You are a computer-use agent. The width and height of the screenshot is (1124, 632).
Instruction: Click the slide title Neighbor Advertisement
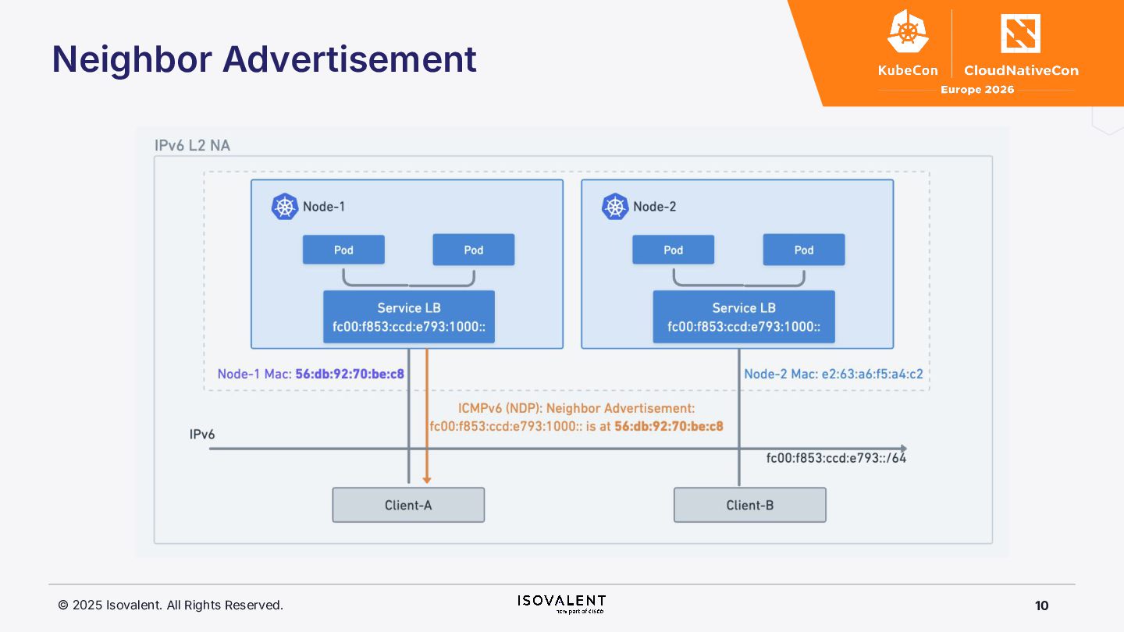(x=264, y=59)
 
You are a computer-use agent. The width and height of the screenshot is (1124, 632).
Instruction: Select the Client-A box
(x=408, y=505)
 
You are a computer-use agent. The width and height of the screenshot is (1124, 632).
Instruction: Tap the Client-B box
(x=749, y=505)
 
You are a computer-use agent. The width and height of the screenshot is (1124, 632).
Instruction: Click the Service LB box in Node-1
(x=408, y=317)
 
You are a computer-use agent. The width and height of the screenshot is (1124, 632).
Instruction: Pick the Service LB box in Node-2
(x=744, y=317)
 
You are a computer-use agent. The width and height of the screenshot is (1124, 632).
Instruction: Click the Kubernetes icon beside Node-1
(x=285, y=207)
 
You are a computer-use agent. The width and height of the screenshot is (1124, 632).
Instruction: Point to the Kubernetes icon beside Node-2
(x=615, y=207)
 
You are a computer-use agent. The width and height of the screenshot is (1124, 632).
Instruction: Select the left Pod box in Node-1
(x=343, y=250)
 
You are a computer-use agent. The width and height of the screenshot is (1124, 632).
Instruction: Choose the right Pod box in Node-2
(x=803, y=250)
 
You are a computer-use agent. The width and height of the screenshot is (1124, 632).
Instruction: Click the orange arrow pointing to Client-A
(x=426, y=421)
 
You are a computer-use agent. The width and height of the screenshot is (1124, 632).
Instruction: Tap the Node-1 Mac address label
(x=311, y=374)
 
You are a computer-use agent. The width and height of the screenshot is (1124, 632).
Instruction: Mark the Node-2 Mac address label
(x=833, y=374)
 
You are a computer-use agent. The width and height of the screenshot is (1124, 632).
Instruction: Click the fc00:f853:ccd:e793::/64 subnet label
(x=836, y=458)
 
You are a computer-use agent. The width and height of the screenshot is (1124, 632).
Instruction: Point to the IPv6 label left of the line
(x=202, y=434)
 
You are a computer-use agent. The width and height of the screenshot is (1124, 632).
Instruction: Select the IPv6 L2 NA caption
(x=192, y=145)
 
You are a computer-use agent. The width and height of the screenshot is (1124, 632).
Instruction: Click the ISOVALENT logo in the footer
(x=561, y=602)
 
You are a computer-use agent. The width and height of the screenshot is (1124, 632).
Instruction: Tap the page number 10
(x=1041, y=605)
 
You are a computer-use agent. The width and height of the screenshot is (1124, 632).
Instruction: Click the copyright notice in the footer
(x=170, y=605)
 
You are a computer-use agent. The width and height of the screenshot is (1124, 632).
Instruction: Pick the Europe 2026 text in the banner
(x=976, y=90)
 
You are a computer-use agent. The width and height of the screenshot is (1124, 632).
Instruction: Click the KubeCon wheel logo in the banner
(x=907, y=33)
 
